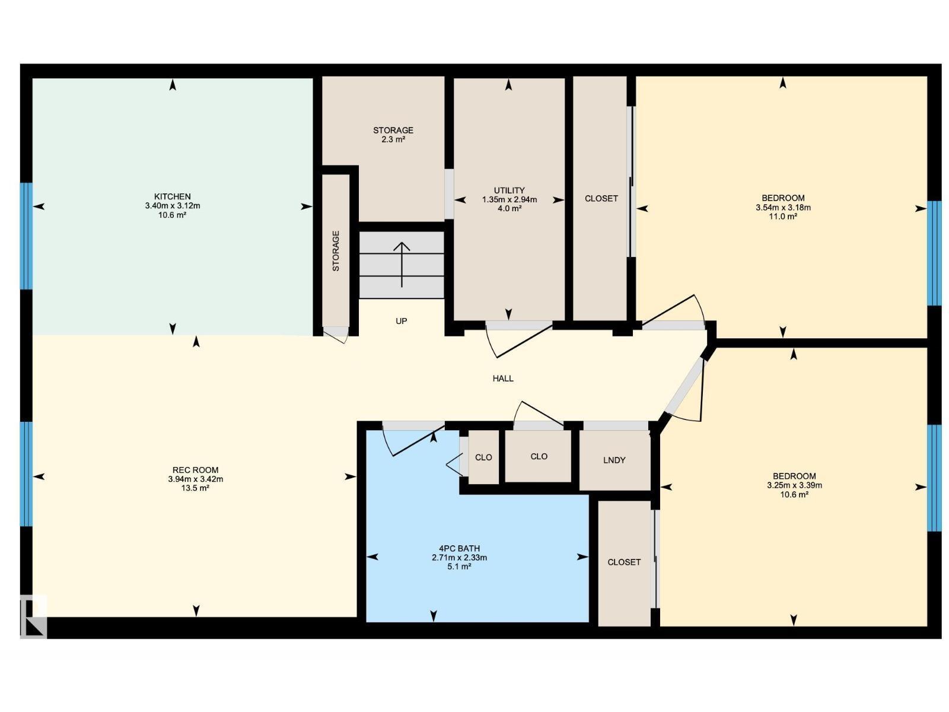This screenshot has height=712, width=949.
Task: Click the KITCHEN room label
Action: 172,196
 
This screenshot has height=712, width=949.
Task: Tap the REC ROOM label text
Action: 196,470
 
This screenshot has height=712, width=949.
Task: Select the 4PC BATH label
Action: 459,548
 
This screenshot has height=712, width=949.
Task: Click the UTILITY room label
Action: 509,190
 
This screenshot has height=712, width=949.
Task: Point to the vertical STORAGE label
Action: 336,251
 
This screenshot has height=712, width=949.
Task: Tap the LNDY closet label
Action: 614,460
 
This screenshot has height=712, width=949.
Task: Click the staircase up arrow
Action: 402,263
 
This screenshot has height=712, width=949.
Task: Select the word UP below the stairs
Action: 402,321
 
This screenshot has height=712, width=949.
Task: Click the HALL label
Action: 503,379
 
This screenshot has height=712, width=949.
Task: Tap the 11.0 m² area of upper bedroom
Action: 783,217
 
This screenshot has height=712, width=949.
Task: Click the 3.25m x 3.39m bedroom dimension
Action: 794,485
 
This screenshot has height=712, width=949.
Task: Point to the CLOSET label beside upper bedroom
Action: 601,199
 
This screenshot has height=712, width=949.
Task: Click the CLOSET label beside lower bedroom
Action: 624,562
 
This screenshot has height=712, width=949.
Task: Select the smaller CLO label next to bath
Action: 483,457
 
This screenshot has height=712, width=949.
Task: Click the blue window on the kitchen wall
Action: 26,236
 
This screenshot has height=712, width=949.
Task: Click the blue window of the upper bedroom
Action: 934,253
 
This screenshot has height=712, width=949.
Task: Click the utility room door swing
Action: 516,341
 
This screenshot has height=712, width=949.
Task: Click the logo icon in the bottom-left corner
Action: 33,616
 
